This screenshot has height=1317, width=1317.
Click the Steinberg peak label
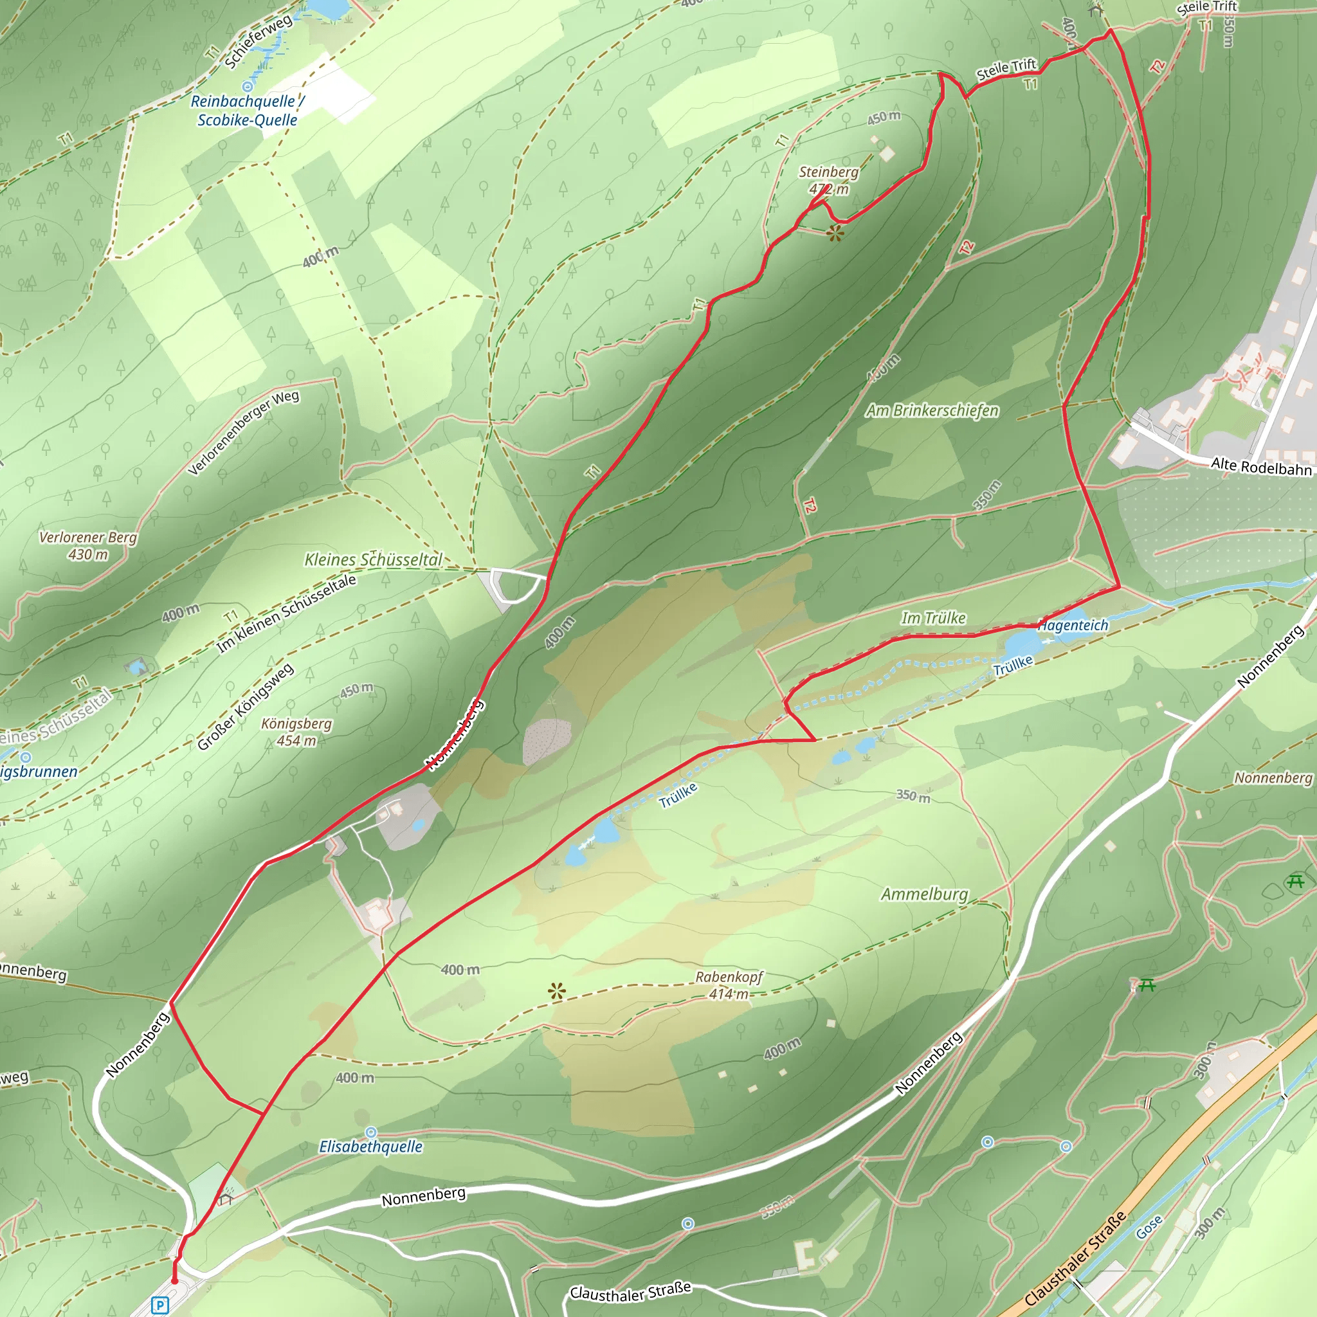click(x=828, y=180)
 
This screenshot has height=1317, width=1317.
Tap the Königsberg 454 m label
click(x=296, y=731)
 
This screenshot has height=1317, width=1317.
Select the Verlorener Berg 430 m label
click(x=88, y=545)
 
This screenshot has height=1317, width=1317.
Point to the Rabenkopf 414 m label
click(x=729, y=985)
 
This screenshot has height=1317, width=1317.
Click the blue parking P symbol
click(x=159, y=1305)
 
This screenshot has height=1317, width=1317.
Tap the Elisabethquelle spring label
click(x=371, y=1147)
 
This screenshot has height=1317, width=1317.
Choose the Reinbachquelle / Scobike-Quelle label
click(x=247, y=111)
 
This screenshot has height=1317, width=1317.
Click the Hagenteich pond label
click(x=1074, y=625)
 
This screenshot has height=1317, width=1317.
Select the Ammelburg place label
click(x=924, y=894)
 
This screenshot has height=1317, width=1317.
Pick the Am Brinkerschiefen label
click(x=932, y=410)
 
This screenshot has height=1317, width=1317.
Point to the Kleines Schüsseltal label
click(x=373, y=559)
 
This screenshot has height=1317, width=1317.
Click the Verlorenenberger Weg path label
click(x=243, y=433)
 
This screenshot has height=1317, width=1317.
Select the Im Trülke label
click(x=933, y=617)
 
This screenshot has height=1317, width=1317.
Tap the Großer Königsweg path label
click(x=246, y=706)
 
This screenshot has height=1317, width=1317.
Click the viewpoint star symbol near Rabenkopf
click(x=557, y=991)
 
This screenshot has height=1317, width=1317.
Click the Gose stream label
click(x=1149, y=1227)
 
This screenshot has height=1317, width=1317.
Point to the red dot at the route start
click(x=174, y=1281)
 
